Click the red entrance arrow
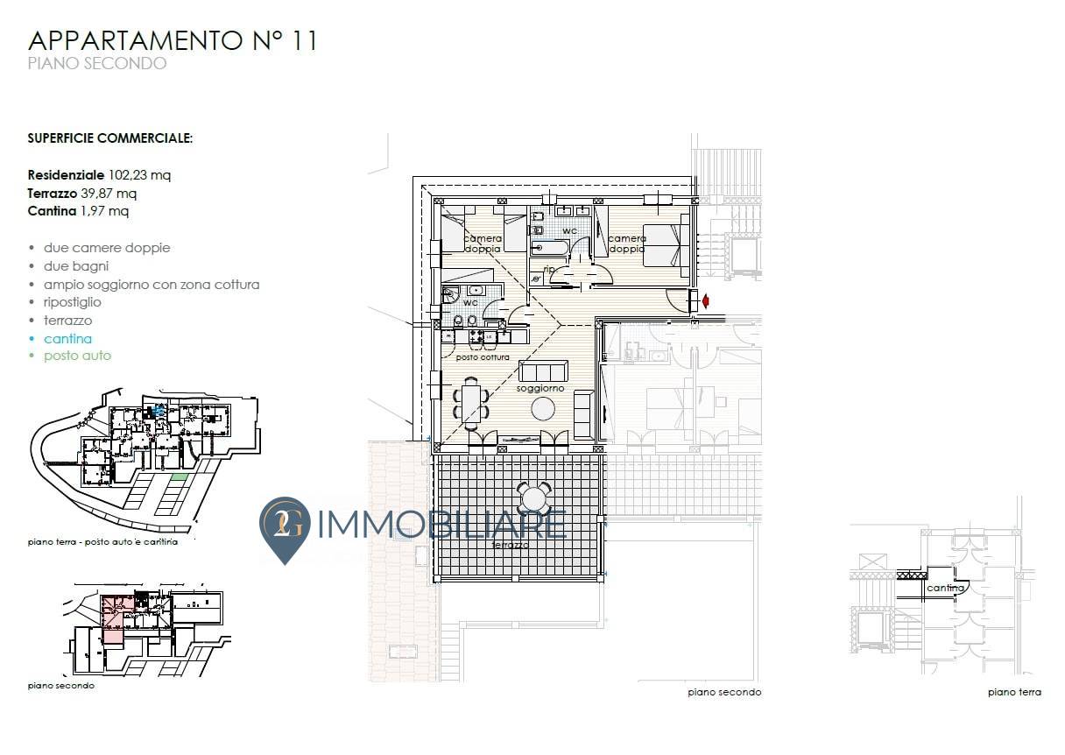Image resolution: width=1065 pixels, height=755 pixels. tap(706, 301)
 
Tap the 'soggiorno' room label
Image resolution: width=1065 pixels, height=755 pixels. tap(540, 388)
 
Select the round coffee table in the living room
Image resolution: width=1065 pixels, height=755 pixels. tap(543, 408)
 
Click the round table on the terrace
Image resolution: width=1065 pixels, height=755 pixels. tap(534, 499)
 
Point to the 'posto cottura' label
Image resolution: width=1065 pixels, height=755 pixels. tap(483, 357)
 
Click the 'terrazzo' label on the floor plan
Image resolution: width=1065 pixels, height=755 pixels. tap(510, 545)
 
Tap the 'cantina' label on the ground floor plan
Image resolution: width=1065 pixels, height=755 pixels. tap(945, 588)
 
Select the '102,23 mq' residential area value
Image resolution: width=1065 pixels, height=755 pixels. tap(139, 175)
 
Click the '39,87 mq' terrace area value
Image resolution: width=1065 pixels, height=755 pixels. tap(109, 194)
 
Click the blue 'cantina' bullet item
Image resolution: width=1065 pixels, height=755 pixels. tap(67, 338)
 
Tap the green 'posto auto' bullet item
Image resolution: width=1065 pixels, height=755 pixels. tap(77, 356)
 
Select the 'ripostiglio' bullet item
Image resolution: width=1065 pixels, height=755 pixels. tap(73, 302)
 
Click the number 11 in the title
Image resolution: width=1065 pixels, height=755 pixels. tap(303, 40)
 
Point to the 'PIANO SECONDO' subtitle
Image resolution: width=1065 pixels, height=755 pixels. tap(97, 63)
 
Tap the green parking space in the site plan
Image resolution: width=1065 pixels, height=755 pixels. tap(180, 476)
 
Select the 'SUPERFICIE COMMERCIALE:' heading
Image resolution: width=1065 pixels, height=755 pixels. tap(110, 138)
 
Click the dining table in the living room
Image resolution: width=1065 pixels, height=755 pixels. tap(470, 404)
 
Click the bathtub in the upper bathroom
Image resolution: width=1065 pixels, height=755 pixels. tap(550, 248)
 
